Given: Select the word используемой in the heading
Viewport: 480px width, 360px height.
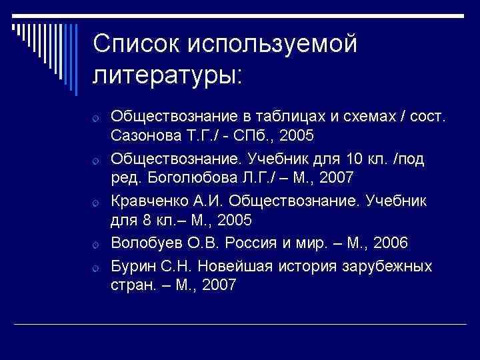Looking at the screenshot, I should tap(273, 44).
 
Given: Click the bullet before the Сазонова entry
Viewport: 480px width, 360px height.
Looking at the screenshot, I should tap(97, 119).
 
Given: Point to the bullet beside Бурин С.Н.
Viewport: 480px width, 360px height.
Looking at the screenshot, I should tap(97, 269).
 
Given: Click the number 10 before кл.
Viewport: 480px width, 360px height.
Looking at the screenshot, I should tap(353, 160).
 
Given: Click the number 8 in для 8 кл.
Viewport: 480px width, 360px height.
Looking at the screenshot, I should tap(144, 219).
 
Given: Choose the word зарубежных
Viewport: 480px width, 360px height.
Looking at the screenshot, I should tap(387, 267).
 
